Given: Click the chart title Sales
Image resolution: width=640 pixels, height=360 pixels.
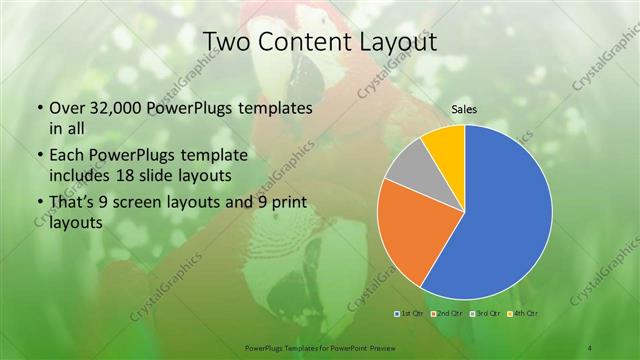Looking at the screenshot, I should pos(464,109).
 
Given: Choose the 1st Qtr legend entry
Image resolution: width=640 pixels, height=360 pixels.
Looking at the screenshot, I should pos(407,314).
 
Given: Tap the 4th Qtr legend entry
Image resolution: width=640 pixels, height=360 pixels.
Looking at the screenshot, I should pos(526,314).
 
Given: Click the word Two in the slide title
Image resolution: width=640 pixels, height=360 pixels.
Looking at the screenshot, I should pos(226,42).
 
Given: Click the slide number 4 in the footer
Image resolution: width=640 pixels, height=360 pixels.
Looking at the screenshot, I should pos(590,347).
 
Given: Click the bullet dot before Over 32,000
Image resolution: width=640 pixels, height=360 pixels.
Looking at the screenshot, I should pos(39,108).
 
